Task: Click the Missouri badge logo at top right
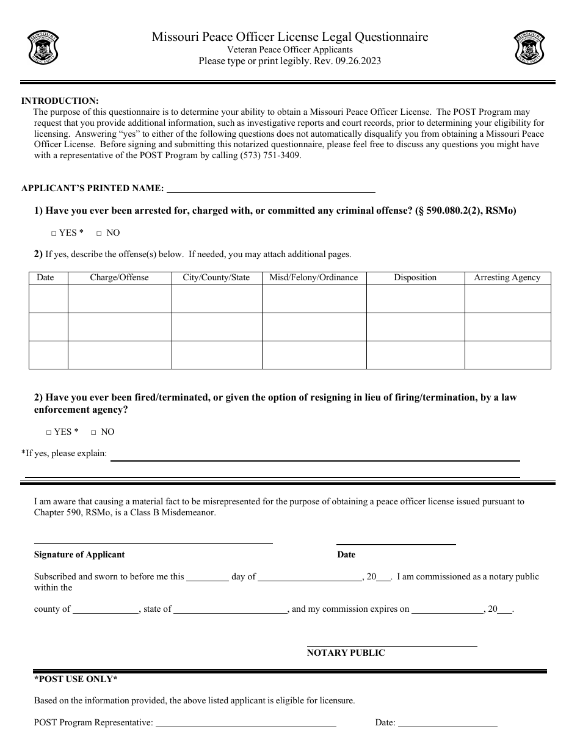[x=529, y=48]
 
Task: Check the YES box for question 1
[x=54, y=233]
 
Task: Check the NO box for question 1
[x=99, y=233]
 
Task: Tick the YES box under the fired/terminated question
[x=49, y=432]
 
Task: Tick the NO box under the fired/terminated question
[x=93, y=432]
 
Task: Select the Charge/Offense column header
[x=119, y=278]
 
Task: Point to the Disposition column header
[x=415, y=278]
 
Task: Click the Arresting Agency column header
[x=507, y=278]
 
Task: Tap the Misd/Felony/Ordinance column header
[x=314, y=278]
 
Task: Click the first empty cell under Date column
[x=48, y=299]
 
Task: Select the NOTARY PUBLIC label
[x=346, y=653]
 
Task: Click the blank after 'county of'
[x=106, y=609]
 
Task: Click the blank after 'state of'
[x=231, y=609]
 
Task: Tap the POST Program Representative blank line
[x=245, y=723]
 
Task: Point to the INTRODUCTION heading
[x=60, y=101]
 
